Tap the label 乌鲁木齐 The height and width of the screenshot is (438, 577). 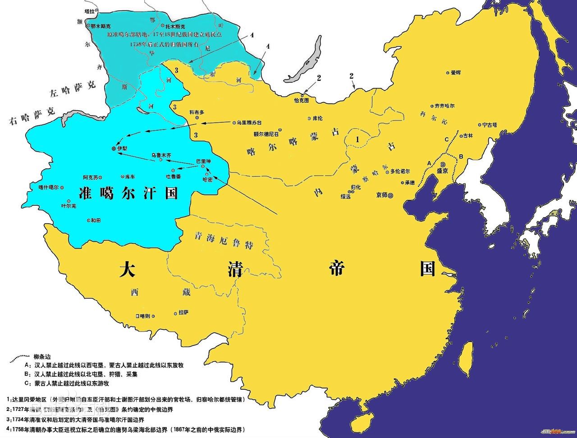click(161, 155)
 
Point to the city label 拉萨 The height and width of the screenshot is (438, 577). click(183, 312)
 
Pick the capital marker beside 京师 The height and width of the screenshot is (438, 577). click(390, 195)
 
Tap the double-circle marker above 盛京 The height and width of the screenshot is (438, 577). click(443, 165)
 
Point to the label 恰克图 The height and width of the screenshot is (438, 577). click(301, 100)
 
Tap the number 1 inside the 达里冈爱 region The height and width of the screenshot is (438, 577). click(357, 140)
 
